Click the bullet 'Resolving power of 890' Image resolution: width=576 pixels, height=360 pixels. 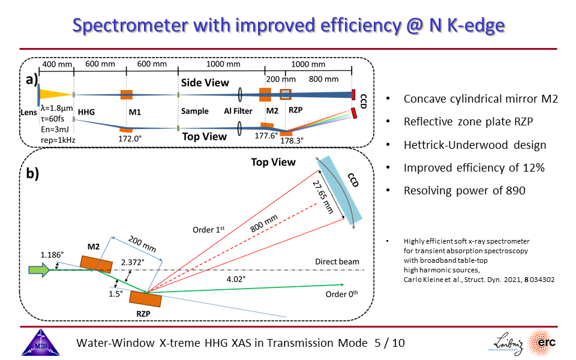464,191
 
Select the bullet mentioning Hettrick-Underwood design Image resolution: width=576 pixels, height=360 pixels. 475,145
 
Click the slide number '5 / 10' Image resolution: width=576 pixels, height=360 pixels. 389,343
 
